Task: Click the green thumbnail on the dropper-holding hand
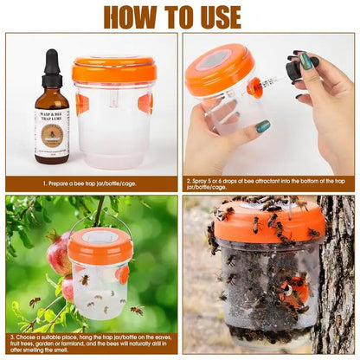(305, 61)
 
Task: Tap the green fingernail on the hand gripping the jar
(262, 126)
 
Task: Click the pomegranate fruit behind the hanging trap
(60, 255)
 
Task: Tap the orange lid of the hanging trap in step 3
(100, 246)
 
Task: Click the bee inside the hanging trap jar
(85, 280)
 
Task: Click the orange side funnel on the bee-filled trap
(295, 289)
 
